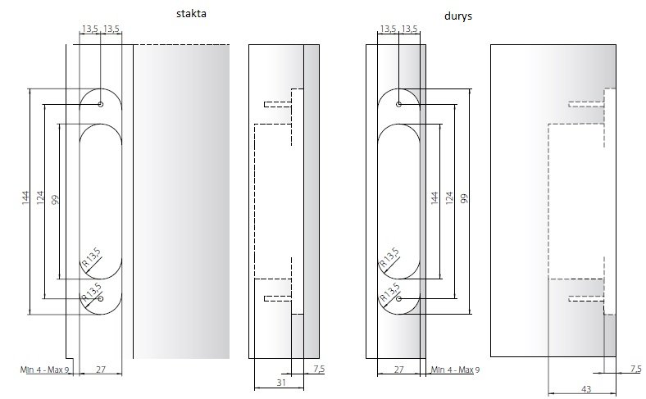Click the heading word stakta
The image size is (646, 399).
click(191, 14)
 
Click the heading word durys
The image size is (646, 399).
click(458, 16)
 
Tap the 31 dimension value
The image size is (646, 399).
click(281, 383)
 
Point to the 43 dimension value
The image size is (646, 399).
click(586, 389)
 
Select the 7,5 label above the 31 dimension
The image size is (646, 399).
click(319, 369)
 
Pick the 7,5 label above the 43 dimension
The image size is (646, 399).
click(636, 369)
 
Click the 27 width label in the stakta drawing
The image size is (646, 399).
click(101, 370)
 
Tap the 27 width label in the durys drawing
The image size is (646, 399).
click(398, 370)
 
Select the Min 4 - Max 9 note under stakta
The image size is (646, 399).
click(44, 370)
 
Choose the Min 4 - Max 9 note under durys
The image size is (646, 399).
click(455, 370)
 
